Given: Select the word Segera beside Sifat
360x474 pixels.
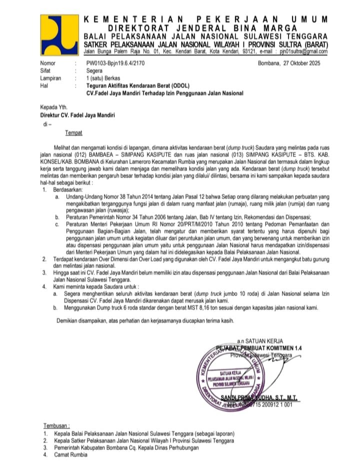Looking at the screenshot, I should (95, 71).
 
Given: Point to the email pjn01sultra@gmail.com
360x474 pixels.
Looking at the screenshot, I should (303, 51).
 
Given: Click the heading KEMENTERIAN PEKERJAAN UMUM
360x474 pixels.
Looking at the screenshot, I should (205, 19).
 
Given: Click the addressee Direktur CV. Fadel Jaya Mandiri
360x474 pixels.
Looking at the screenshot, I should (77, 115).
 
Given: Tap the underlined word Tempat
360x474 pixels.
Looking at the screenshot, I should (73, 133).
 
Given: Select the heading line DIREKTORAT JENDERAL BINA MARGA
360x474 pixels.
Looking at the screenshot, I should (205, 28).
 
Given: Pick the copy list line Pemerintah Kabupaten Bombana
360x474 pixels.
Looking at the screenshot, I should (125, 448).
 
